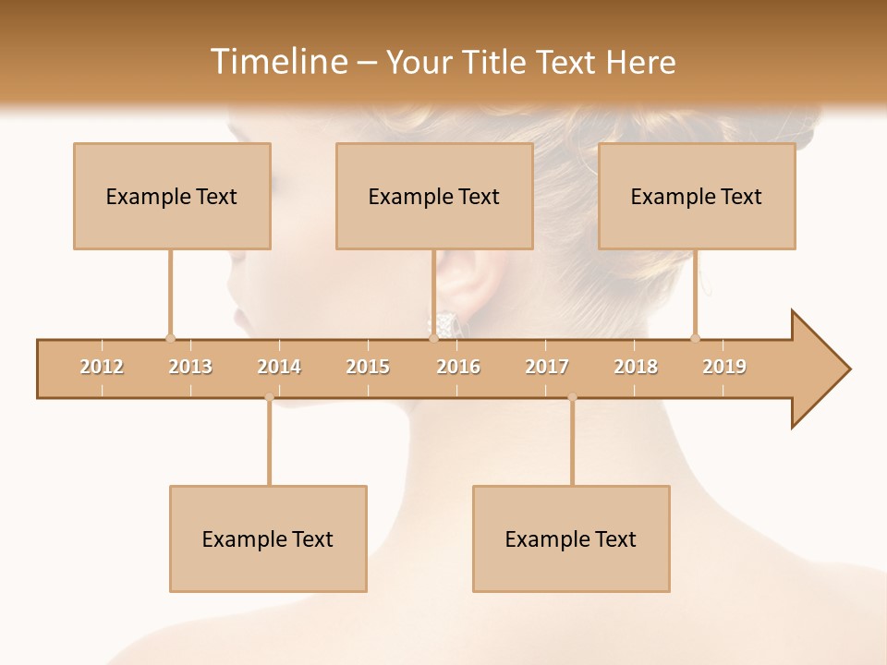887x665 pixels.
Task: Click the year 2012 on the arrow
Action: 102,367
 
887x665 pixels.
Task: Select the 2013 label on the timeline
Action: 190,367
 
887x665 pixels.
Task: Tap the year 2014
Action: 279,367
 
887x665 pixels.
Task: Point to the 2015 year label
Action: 368,367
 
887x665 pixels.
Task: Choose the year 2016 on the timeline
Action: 458,367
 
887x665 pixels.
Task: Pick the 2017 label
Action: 547,367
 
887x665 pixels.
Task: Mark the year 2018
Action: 636,367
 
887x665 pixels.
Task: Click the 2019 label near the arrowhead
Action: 724,367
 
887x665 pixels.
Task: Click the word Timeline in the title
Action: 277,62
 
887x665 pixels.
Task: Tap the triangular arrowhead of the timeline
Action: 818,369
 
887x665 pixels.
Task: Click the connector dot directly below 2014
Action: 269,397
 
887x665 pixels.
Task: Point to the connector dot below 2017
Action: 572,397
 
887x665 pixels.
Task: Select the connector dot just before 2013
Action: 170,338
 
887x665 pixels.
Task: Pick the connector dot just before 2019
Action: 695,338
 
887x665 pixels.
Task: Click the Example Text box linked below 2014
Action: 268,538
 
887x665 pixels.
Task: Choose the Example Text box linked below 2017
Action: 571,538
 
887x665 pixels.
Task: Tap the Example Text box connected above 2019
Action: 697,196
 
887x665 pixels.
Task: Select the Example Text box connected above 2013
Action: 172,196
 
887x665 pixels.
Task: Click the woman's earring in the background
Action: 448,323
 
